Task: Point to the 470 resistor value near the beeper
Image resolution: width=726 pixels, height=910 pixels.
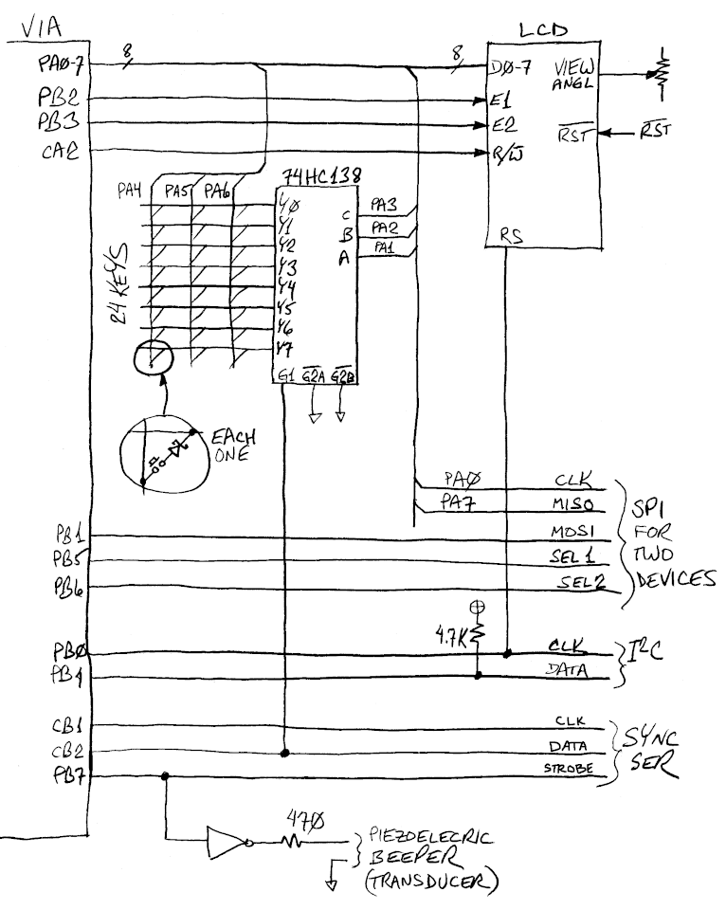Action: pos(304,816)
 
